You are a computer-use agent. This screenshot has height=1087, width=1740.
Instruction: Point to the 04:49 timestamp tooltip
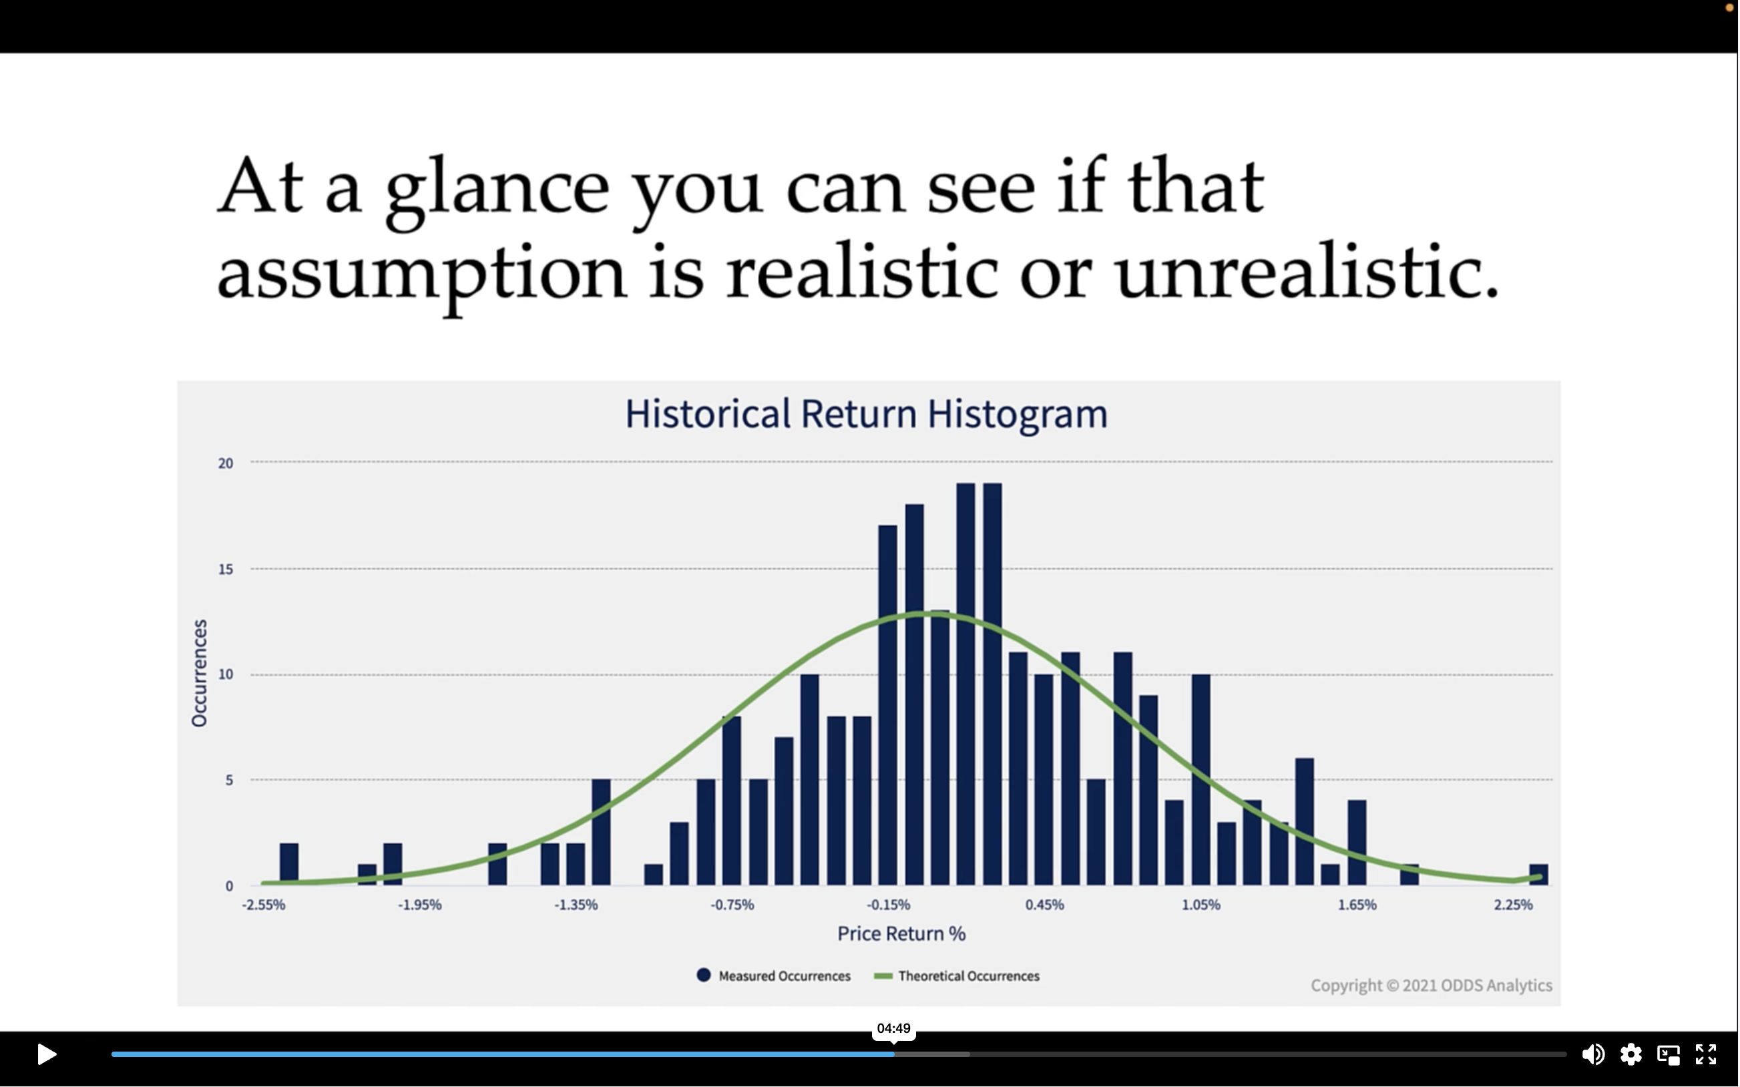pos(893,1029)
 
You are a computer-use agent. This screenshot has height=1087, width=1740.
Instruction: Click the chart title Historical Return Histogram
pos(866,414)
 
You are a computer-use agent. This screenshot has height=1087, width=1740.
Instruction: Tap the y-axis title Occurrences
pos(199,673)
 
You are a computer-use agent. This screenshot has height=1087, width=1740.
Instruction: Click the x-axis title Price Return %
pos(901,934)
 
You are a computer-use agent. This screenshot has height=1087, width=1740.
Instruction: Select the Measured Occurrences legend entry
pos(774,975)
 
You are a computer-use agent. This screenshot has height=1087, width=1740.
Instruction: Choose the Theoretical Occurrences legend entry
pos(957,975)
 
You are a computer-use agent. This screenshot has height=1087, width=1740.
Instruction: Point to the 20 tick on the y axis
pos(226,463)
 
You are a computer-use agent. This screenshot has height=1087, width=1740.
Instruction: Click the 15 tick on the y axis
pos(226,570)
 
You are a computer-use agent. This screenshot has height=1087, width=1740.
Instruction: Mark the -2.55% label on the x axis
pos(264,905)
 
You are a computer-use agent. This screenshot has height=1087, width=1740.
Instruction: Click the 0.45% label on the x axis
pos(1044,905)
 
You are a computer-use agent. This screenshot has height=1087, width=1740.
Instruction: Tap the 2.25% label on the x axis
pos(1514,905)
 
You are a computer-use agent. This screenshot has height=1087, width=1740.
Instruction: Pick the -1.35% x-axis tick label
pos(576,905)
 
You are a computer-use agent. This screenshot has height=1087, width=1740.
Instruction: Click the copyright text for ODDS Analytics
pos(1431,986)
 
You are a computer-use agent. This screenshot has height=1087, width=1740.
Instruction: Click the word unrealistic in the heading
pos(1307,273)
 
